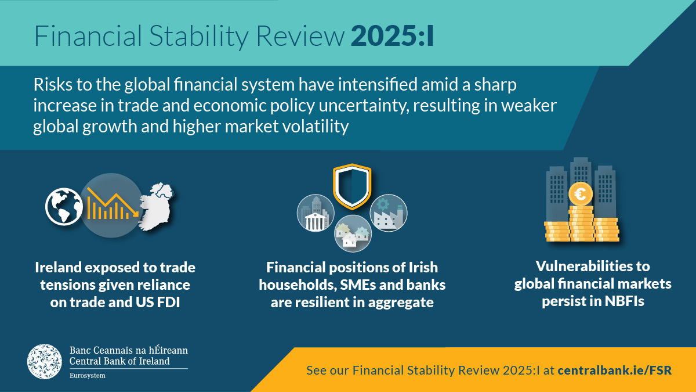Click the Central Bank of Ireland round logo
point(45,361)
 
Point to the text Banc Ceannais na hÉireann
point(128,351)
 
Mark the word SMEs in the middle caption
point(362,285)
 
